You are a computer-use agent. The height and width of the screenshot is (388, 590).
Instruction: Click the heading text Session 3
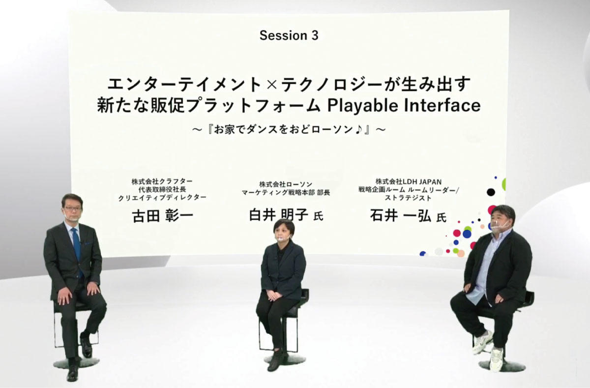289,35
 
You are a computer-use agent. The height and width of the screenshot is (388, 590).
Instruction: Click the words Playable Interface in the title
404,106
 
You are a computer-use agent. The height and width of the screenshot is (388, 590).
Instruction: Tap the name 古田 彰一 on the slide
163,216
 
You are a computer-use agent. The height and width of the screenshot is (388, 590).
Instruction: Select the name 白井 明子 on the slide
279,215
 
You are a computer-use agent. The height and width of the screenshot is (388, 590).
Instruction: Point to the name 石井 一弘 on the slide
400,216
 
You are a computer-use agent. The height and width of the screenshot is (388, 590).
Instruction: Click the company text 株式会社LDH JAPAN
409,181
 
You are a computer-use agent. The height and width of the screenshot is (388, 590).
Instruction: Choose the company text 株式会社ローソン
286,184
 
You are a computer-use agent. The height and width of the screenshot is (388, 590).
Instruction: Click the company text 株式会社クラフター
162,181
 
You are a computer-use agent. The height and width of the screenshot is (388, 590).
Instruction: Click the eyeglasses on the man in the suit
72,209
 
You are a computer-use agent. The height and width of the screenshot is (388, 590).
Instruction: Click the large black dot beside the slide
491,192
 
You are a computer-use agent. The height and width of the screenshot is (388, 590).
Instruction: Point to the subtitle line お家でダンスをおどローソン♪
289,130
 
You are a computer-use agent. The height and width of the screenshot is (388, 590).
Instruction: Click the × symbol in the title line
271,85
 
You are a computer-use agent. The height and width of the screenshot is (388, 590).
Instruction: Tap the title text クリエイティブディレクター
162,198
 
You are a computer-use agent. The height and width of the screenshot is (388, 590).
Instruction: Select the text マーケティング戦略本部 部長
286,193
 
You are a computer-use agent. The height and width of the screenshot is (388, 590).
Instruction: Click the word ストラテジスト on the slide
408,198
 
